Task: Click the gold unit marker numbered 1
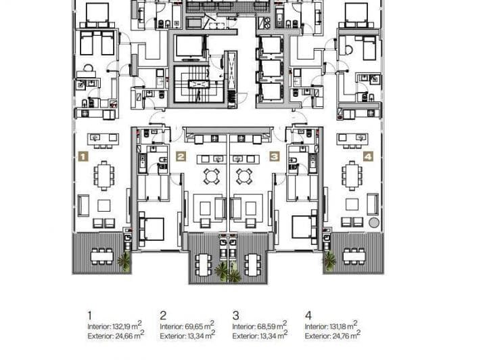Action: [83, 156]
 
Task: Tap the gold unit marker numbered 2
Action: [181, 156]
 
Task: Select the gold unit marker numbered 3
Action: [275, 156]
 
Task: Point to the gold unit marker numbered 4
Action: [368, 156]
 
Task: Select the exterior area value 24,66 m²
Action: [129, 335]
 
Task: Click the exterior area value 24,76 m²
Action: [346, 335]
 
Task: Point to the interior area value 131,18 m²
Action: [343, 325]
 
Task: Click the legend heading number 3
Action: [236, 315]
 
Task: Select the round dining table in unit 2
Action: [212, 177]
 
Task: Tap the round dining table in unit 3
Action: [244, 177]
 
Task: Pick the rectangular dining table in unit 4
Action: [352, 176]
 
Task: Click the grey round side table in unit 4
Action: [374, 223]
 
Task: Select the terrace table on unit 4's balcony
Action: [354, 256]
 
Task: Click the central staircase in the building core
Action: [199, 84]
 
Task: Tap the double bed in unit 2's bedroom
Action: [152, 229]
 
